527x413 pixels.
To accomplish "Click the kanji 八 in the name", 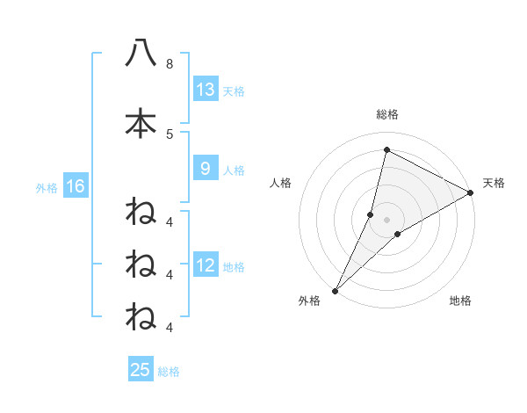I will pyautogui.click(x=141, y=53).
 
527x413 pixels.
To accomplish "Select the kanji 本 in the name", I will pyautogui.click(x=141, y=123).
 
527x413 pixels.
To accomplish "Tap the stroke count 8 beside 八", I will pyautogui.click(x=170, y=64).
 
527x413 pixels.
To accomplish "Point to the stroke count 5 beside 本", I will pyautogui.click(x=170, y=134).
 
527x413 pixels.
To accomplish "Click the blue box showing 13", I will pyautogui.click(x=206, y=90).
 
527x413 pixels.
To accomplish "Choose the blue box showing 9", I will pyautogui.click(x=206, y=169).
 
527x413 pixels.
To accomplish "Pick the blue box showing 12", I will pyautogui.click(x=206, y=265).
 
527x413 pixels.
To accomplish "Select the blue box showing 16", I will pyautogui.click(x=75, y=186).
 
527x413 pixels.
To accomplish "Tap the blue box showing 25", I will pyautogui.click(x=141, y=370).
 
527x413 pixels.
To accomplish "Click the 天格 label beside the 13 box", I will pyautogui.click(x=234, y=91).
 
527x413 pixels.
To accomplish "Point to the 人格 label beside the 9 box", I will pyautogui.click(x=234, y=170).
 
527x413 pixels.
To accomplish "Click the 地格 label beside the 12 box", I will pyautogui.click(x=234, y=266).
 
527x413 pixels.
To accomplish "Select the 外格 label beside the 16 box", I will pyautogui.click(x=47, y=187).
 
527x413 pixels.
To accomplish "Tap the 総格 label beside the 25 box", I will pyautogui.click(x=169, y=371).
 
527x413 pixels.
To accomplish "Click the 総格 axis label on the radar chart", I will pyautogui.click(x=387, y=114).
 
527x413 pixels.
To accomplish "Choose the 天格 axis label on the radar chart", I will pyautogui.click(x=494, y=183).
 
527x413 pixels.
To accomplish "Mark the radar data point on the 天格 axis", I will pyautogui.click(x=471, y=193).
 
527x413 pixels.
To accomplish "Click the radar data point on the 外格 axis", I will pyautogui.click(x=336, y=290).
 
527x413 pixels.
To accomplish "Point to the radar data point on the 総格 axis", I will pyautogui.click(x=386, y=150).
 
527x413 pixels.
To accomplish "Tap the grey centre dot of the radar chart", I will pyautogui.click(x=387, y=220).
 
